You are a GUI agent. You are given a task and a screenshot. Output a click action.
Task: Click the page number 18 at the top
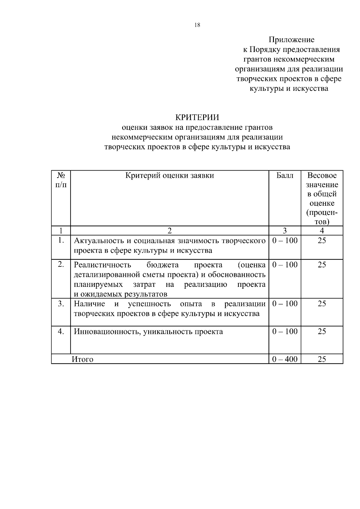point(197,25)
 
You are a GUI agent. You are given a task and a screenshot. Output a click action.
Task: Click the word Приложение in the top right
point(291,40)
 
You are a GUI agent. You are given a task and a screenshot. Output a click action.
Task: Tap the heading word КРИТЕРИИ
point(197,117)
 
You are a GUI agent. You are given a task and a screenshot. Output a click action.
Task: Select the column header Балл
point(285,175)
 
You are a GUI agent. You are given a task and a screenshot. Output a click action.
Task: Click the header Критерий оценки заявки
point(169,175)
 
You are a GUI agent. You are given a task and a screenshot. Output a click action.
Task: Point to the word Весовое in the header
point(322,175)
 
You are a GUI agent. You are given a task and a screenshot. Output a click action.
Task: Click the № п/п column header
point(61,180)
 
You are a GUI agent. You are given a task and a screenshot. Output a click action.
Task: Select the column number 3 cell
point(285,231)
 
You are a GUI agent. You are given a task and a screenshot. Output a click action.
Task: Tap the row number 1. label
point(61,240)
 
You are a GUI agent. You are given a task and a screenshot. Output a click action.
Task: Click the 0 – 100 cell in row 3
point(285,304)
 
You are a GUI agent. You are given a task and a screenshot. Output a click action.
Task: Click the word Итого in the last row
point(82,359)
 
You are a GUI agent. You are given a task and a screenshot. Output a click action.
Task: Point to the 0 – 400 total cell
point(285,359)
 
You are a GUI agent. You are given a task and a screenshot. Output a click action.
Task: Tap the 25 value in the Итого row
point(322,359)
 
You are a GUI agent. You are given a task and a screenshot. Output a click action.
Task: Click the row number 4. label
point(61,331)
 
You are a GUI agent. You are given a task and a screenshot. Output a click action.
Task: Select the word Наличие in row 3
point(89,304)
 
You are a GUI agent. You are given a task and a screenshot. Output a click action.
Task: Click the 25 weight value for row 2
point(322,265)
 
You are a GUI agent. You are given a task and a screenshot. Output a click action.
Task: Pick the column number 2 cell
point(169,231)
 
